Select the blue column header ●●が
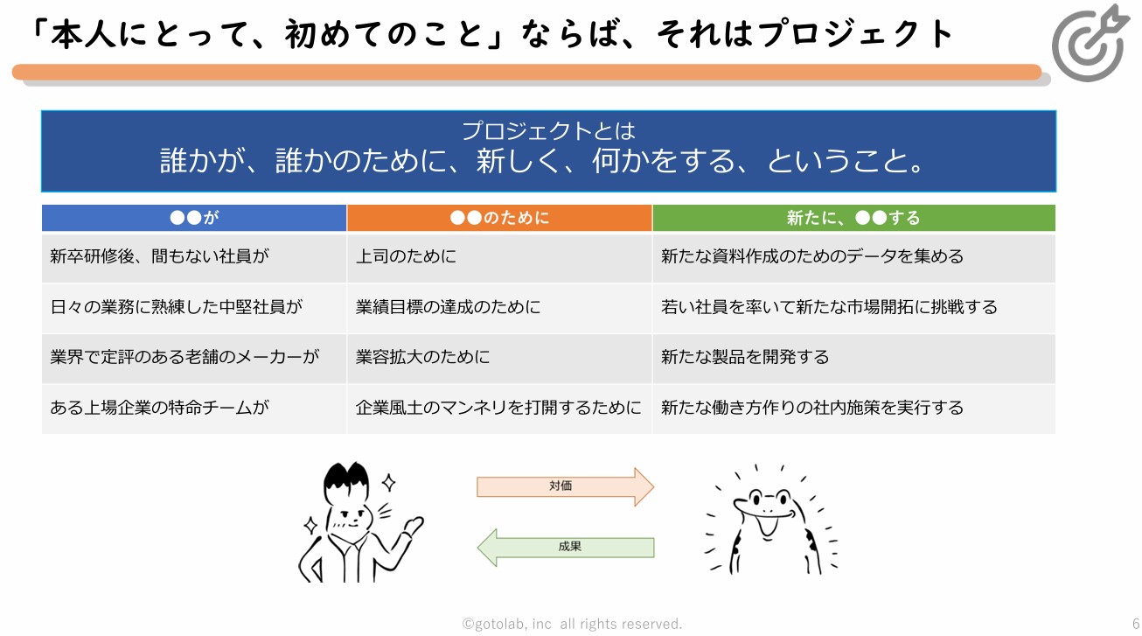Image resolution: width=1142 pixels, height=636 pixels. click(x=194, y=218)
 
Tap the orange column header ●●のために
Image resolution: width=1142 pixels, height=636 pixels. click(x=499, y=218)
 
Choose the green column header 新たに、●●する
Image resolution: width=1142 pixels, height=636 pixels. click(x=853, y=218)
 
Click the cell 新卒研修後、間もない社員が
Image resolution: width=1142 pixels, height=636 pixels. click(x=159, y=257)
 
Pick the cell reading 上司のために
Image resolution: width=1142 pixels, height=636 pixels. click(x=406, y=257)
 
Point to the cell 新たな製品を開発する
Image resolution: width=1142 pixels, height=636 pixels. click(x=745, y=358)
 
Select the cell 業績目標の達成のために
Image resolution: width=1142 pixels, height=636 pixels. click(x=448, y=307)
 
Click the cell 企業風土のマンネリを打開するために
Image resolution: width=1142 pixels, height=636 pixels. click(x=498, y=408)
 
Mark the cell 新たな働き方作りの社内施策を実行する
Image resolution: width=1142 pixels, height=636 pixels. click(x=812, y=408)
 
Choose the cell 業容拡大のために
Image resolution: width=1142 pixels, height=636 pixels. click(x=422, y=358)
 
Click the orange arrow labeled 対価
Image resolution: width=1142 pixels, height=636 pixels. click(x=564, y=486)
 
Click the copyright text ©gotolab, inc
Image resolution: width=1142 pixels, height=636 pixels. click(x=507, y=624)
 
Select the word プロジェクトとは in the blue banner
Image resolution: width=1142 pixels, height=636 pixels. click(x=548, y=131)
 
